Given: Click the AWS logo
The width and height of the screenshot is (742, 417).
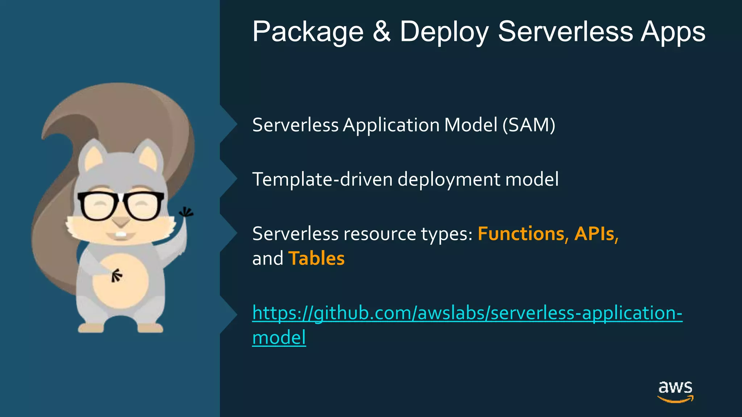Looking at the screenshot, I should click(x=675, y=391).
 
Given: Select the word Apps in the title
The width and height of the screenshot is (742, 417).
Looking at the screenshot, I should click(x=673, y=32).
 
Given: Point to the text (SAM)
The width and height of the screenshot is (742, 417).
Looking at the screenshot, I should click(x=529, y=125).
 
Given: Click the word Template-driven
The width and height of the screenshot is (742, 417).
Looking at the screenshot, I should click(x=322, y=180).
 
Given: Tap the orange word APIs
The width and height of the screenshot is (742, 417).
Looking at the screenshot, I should click(x=596, y=234).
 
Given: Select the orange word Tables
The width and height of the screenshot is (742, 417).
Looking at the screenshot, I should click(x=316, y=258).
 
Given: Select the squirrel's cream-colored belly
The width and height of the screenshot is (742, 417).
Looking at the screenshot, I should click(x=121, y=281).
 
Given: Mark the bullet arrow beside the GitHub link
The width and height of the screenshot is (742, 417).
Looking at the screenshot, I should click(x=229, y=314).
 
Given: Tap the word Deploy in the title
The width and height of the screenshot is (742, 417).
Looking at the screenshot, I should click(x=444, y=32).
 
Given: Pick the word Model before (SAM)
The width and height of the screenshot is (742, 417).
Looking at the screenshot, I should click(x=471, y=125).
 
